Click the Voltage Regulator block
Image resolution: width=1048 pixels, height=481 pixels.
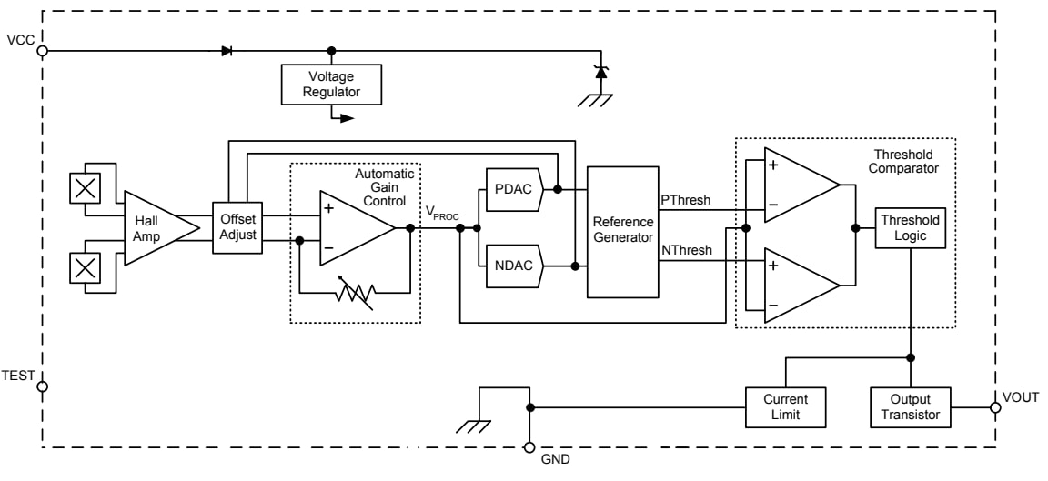coord(330,84)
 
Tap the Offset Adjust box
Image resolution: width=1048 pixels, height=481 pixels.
coord(238,227)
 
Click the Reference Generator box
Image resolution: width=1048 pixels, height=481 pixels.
coord(622,232)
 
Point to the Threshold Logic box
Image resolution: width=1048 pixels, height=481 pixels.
coord(911,227)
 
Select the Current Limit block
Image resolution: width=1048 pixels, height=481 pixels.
coord(785,407)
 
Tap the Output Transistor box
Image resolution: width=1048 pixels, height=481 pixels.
coord(911,407)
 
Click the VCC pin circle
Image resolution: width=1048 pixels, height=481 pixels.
coord(42,51)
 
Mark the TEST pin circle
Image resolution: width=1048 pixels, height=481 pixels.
coord(42,386)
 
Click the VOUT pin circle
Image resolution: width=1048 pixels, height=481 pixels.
coord(994,407)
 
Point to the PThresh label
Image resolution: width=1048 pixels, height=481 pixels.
coord(685,200)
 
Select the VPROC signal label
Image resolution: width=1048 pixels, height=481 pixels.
coord(443,212)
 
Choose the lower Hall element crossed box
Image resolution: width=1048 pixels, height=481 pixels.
coord(86,266)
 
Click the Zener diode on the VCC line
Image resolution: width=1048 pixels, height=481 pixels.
coord(600,72)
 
